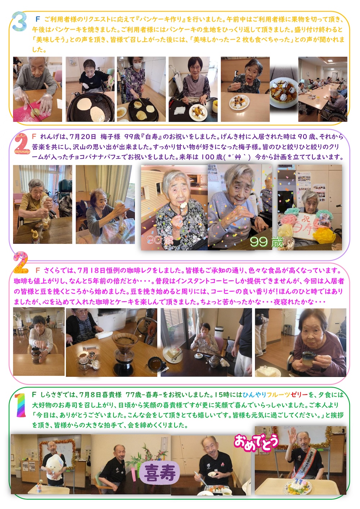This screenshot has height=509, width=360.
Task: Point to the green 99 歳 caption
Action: click(x=266, y=242)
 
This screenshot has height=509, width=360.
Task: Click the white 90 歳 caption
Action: click(x=160, y=240)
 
